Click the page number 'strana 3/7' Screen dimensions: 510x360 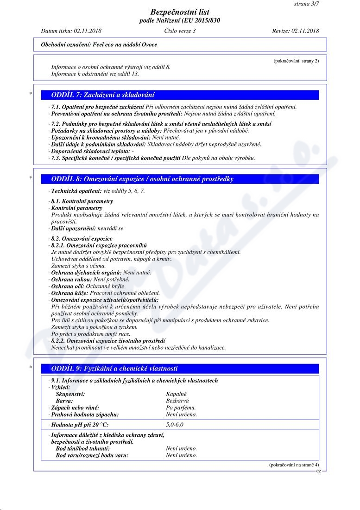[306, 4]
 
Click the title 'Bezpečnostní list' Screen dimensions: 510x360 [180, 12]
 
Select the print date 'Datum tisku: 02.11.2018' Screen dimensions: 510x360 [71, 31]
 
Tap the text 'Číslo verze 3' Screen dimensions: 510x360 [180, 31]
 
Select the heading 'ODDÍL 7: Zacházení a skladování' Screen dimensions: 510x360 [103, 95]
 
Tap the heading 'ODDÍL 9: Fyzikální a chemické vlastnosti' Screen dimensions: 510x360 [114, 369]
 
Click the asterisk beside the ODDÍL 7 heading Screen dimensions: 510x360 [31, 95]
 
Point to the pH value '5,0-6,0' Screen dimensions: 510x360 [175, 425]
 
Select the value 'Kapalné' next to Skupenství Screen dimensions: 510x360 [177, 394]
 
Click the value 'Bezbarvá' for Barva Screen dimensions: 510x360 [177, 401]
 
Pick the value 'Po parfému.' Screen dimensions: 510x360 [181, 408]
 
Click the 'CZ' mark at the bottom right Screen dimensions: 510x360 [318, 471]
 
